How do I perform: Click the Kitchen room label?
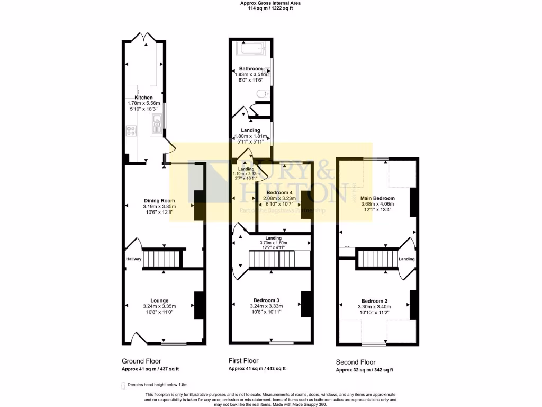(x=143, y=98)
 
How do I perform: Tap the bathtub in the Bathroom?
(x=252, y=50)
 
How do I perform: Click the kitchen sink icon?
(x=157, y=125)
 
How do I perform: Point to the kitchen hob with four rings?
(x=131, y=130)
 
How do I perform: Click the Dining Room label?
(x=159, y=200)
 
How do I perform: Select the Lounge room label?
(x=159, y=299)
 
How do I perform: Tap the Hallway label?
(x=133, y=259)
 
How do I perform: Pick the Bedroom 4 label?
(x=279, y=192)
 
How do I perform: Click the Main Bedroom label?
(x=379, y=198)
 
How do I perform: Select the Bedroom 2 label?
(x=375, y=300)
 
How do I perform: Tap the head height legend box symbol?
(x=123, y=385)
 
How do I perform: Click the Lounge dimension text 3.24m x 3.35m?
(x=159, y=306)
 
